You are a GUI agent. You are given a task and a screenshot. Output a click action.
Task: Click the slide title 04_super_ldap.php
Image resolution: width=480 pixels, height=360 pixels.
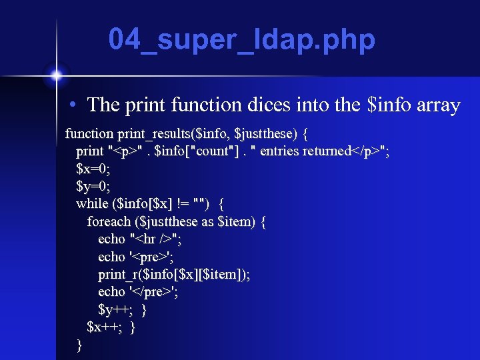[x=242, y=41]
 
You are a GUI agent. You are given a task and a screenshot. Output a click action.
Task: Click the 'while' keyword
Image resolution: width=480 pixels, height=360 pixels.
[x=92, y=203]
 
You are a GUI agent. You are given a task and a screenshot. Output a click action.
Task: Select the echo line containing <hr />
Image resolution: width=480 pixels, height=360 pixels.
[x=140, y=239]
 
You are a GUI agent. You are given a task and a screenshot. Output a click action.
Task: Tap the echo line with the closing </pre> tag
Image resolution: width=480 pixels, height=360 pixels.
[x=138, y=291]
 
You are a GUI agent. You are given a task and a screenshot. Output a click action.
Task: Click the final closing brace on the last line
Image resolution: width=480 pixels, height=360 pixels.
[x=80, y=345]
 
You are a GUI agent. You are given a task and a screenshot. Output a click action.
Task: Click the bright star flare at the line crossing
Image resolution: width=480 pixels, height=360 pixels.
[x=57, y=73]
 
